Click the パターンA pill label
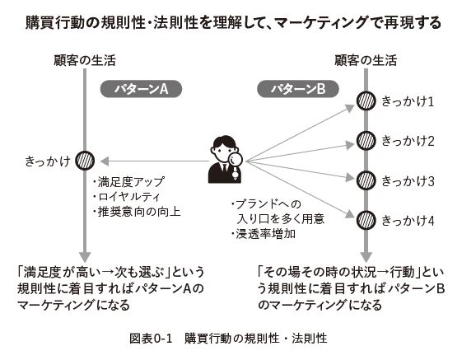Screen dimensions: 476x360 click(x=141, y=89)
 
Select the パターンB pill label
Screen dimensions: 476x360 click(x=298, y=89)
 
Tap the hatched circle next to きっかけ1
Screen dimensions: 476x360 click(x=366, y=101)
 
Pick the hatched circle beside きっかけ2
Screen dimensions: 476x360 click(x=366, y=141)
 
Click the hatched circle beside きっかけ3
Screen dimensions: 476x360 click(x=366, y=180)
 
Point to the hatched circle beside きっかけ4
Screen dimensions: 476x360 click(x=366, y=220)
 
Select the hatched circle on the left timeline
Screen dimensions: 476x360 click(x=85, y=161)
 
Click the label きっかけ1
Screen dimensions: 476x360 click(x=408, y=101)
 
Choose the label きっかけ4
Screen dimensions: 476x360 click(x=408, y=221)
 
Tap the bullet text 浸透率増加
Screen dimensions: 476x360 click(x=264, y=234)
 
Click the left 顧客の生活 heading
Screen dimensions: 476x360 click(x=85, y=60)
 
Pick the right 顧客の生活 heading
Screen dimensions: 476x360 click(x=366, y=60)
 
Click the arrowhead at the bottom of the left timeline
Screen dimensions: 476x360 click(x=85, y=257)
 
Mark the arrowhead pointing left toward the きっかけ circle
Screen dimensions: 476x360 click(x=105, y=161)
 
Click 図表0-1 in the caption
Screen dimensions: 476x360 click(x=151, y=338)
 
